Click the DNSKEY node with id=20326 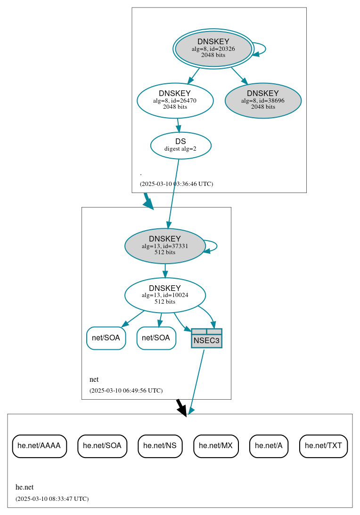tap(213, 48)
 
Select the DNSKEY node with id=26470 tap(175, 100)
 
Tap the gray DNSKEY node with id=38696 tap(263, 100)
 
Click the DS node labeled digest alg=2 tap(180, 145)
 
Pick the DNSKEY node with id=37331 tap(165, 246)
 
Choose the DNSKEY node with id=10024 tap(165, 295)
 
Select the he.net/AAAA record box tap(39, 446)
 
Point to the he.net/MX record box tap(216, 446)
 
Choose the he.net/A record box tap(269, 446)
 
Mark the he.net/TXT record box tap(323, 446)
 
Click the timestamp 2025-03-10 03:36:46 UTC tap(176, 184)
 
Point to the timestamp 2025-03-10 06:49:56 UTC tap(126, 390)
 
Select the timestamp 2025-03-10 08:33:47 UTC tap(52, 499)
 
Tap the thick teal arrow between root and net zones tap(148, 201)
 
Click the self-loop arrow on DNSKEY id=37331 tap(216, 246)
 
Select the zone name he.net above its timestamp tap(25, 487)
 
